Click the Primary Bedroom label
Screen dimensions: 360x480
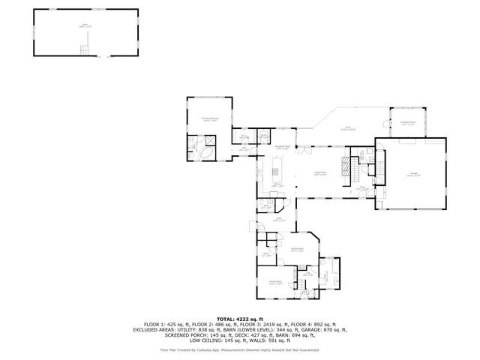(209, 119)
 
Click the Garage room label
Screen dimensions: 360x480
(414, 175)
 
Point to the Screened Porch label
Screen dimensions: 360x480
(408, 123)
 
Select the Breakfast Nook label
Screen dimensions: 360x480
(283, 147)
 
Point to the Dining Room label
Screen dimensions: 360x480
(297, 250)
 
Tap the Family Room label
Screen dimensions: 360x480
(276, 282)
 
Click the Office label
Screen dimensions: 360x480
(265, 254)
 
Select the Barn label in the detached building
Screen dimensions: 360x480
(85, 25)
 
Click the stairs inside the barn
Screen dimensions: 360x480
(85, 49)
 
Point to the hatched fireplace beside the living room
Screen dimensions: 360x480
(346, 166)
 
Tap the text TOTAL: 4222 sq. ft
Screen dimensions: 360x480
(240, 319)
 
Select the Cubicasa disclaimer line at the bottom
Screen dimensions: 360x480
(240, 349)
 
